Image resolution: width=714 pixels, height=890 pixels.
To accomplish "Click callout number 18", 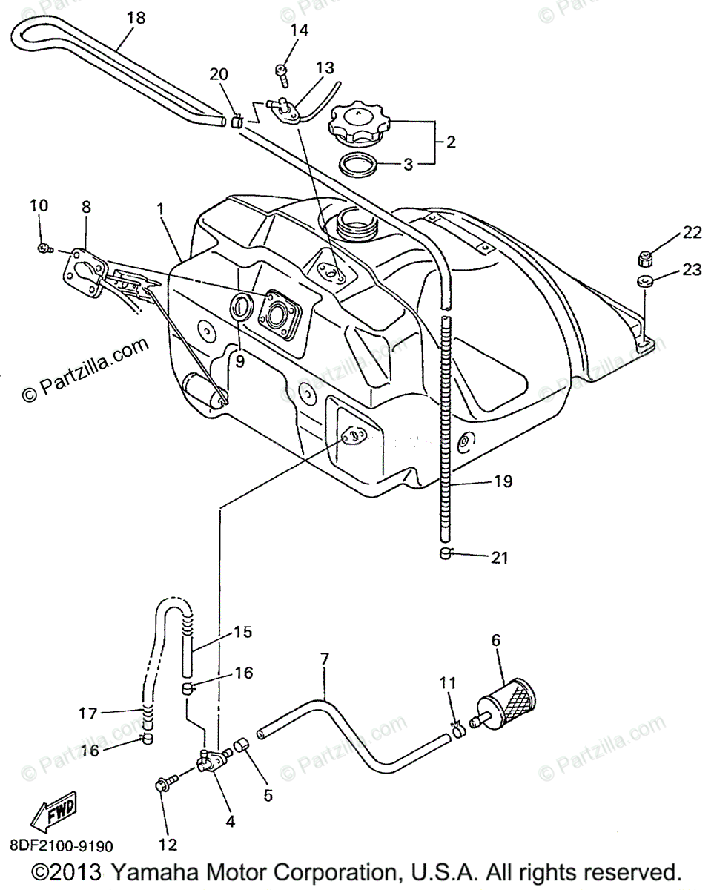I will pos(136,16).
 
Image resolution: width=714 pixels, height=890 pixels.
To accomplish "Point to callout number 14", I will pos(300,30).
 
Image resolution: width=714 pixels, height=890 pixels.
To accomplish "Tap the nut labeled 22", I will pos(645,259).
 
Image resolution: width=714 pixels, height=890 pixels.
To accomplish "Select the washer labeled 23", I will pos(643,280).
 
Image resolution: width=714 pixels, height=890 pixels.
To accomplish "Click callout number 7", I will pos(323,659).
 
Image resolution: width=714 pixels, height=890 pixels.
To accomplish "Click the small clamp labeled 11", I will pos(457,731).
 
